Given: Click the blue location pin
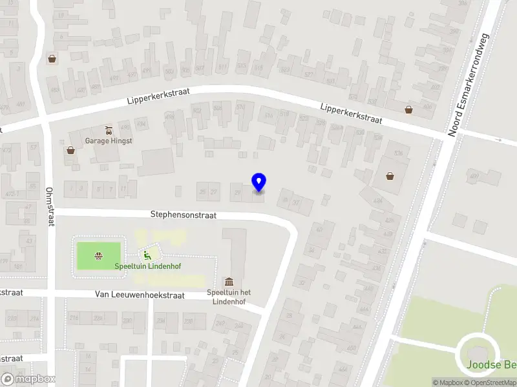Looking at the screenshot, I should point(258,183).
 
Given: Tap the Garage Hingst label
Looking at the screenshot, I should point(109,141).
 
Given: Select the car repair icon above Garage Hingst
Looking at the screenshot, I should point(109,129).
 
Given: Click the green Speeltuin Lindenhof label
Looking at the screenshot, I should point(142,266).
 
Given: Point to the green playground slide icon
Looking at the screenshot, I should point(147,254).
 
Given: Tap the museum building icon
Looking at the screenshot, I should point(229,282).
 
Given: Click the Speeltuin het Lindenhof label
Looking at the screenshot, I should point(229,297).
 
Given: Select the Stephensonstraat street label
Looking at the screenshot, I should point(184,214).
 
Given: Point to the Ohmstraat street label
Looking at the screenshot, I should point(49,206).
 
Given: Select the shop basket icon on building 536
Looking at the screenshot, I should point(390,175).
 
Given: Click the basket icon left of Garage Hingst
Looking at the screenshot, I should point(70,150).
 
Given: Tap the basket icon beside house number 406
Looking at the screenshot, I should point(408,109).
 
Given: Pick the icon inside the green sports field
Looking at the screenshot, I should point(99,255).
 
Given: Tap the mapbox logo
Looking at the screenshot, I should point(28,379).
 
